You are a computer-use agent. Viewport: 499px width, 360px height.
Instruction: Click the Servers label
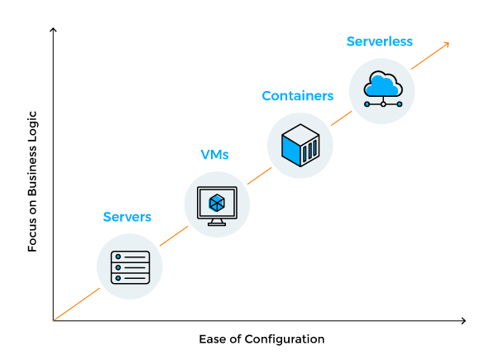127,217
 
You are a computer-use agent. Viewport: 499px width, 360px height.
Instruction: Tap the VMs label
215,155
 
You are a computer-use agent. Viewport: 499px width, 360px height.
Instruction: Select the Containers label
298,96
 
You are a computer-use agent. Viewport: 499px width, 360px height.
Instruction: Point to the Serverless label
380,41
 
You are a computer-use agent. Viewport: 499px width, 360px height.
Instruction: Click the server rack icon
130,266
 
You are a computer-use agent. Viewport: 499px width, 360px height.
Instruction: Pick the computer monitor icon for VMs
217,205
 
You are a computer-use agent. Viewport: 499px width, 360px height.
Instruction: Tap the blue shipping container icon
300,145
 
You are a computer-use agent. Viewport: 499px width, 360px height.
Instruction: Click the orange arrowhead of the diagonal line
447,43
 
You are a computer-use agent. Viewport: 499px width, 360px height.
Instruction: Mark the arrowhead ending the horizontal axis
464,320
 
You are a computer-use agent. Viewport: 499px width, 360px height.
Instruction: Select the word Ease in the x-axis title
212,339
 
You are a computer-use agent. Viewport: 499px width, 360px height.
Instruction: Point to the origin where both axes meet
53,320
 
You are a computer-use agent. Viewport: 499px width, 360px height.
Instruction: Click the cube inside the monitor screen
217,201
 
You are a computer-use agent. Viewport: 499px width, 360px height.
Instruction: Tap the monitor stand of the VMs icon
217,221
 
